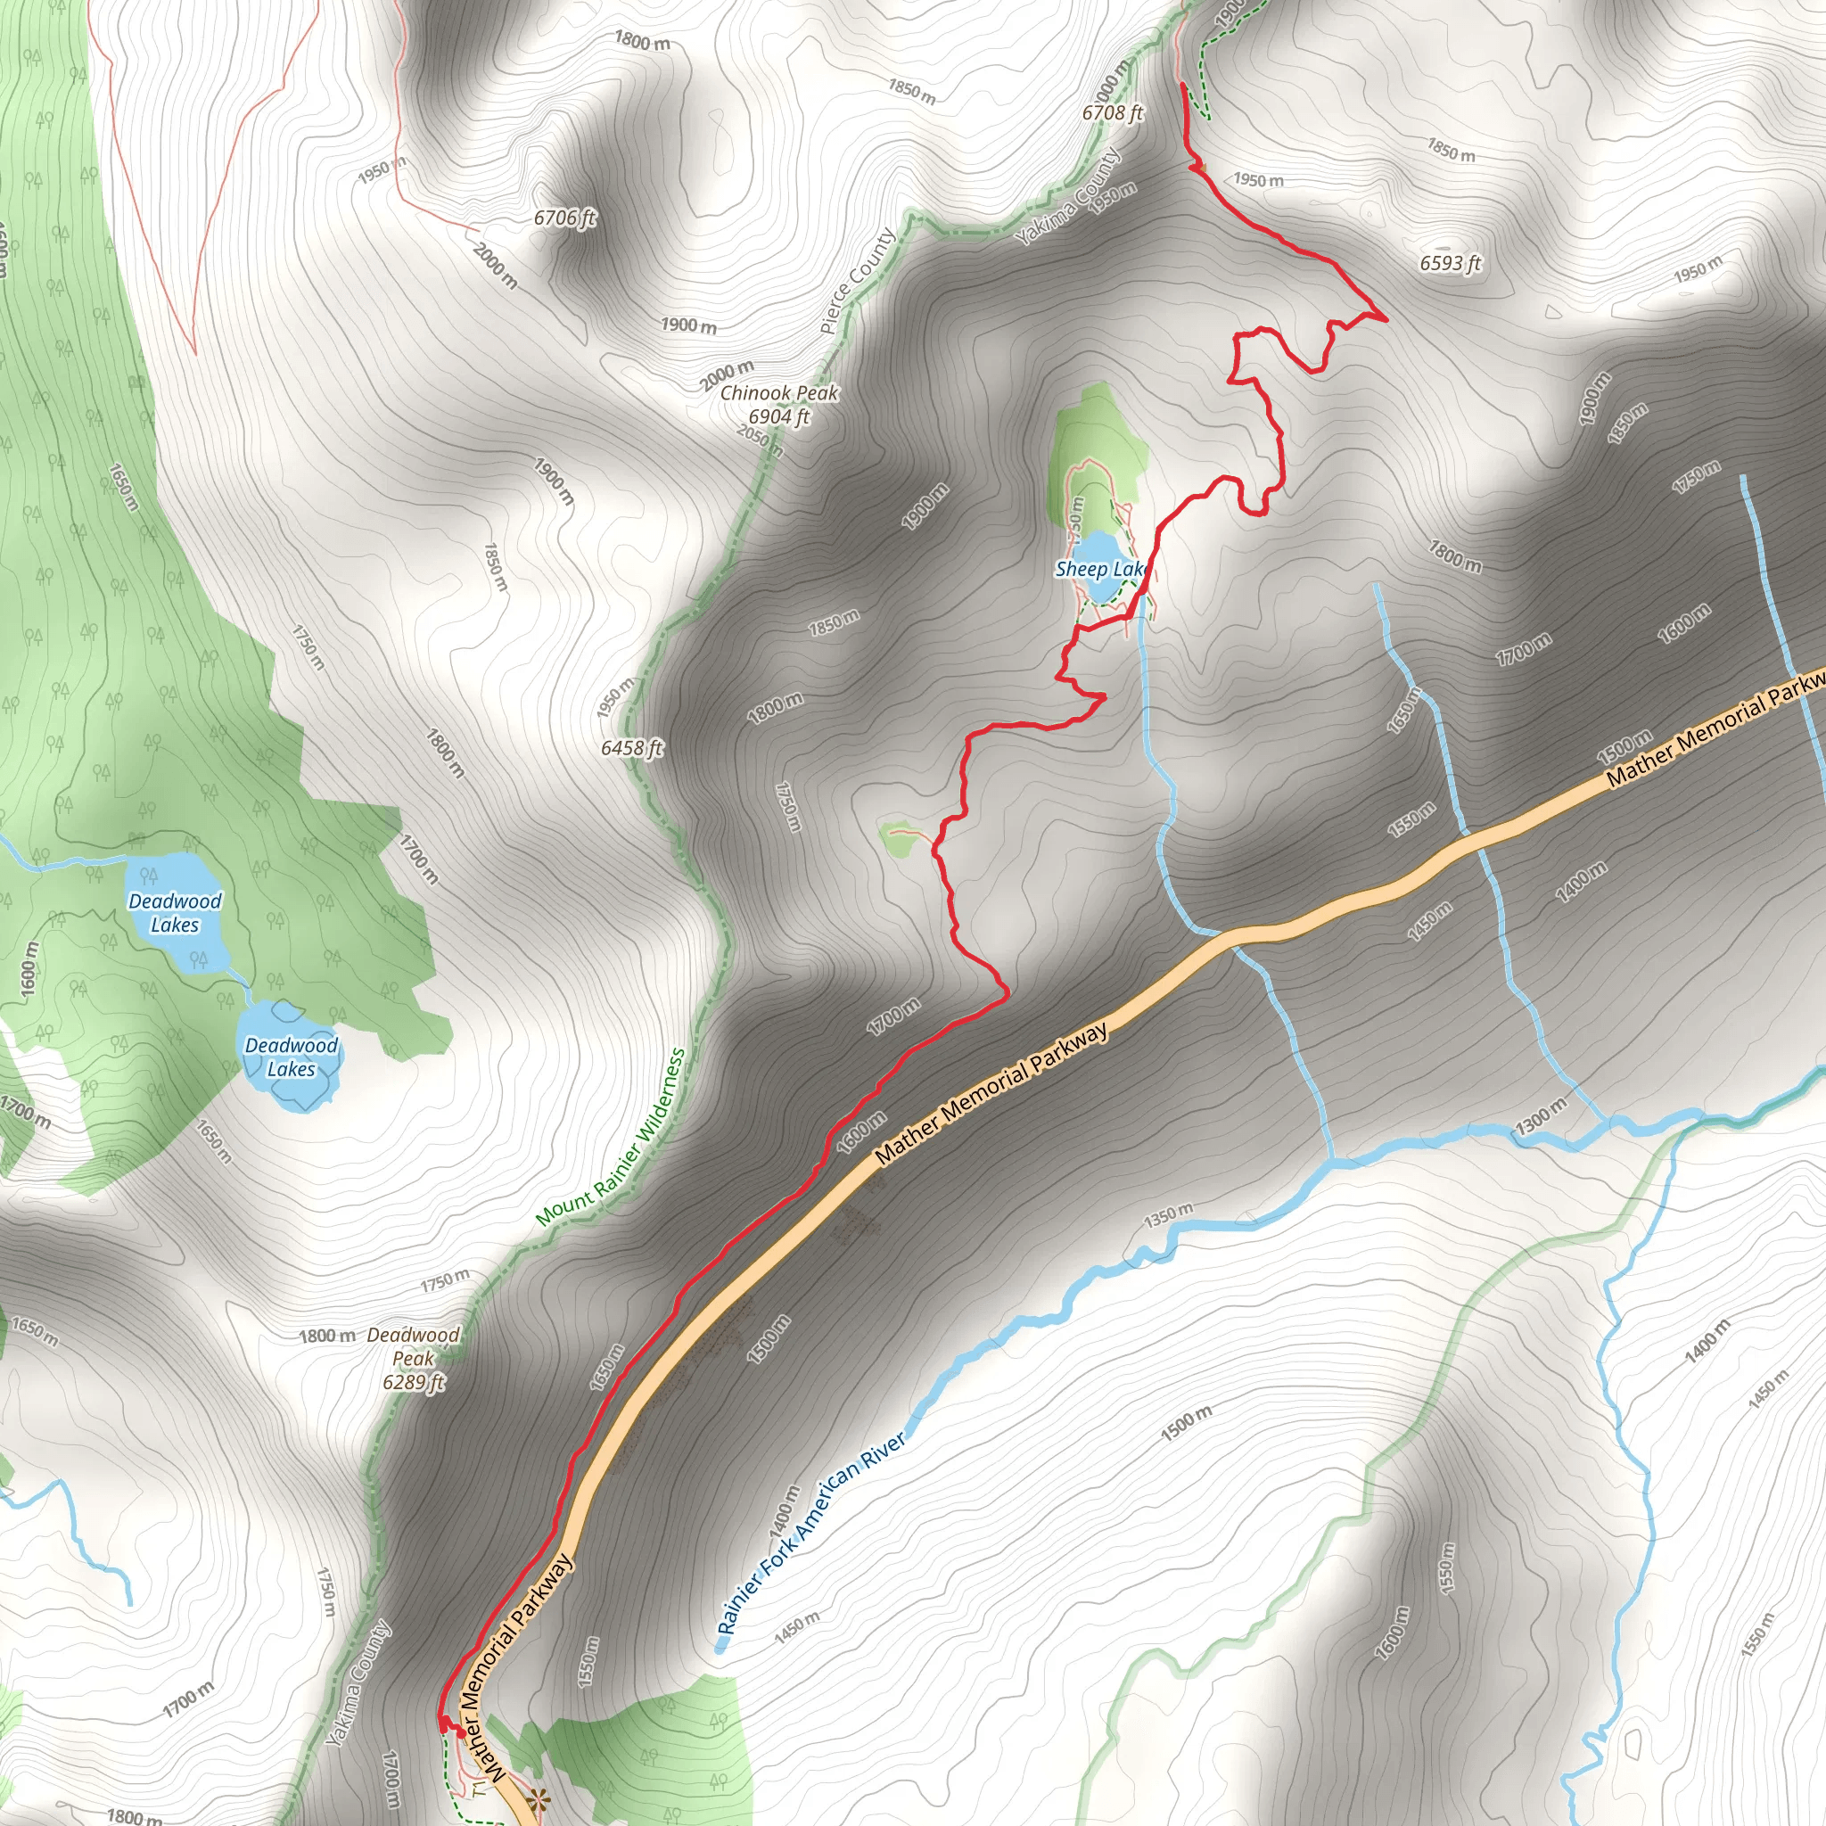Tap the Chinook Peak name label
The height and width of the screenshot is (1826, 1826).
point(778,393)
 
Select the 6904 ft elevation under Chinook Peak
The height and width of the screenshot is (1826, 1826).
point(778,415)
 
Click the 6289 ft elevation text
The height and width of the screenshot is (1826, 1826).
point(413,1382)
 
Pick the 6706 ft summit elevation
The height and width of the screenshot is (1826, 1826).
point(564,218)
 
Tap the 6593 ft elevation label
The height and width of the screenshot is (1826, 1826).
point(1450,264)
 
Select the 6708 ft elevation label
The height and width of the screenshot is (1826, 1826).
point(1113,113)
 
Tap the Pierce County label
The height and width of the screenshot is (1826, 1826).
point(857,281)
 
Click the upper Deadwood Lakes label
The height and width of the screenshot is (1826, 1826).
point(175,913)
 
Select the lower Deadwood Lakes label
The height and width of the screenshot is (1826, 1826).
point(291,1057)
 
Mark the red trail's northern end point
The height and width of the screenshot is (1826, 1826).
point(1183,85)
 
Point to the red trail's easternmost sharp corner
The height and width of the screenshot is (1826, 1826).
point(1386,319)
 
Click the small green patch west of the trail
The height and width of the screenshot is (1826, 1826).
point(898,839)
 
